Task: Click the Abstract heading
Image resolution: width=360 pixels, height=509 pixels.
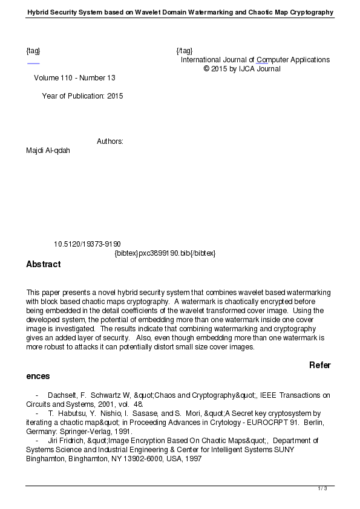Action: pyautogui.click(x=43, y=264)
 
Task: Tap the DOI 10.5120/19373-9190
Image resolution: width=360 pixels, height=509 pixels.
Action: pyautogui.click(x=87, y=244)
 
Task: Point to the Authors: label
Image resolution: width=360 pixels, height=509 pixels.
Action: pyautogui.click(x=110, y=141)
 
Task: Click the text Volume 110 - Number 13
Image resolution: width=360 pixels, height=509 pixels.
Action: pyautogui.click(x=74, y=78)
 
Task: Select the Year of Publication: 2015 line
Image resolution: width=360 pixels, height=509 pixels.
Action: pyautogui.click(x=82, y=96)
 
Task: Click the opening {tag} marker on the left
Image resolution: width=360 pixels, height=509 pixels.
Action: pyautogui.click(x=33, y=51)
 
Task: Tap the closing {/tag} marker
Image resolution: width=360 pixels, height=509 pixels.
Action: pyautogui.click(x=184, y=51)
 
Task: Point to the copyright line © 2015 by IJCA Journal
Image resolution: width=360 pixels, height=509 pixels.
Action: pyautogui.click(x=242, y=69)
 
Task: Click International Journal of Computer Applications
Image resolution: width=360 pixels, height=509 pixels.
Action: pyautogui.click(x=255, y=60)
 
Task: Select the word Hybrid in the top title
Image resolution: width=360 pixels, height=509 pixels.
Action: pyautogui.click(x=39, y=13)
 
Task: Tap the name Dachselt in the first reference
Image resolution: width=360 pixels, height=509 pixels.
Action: pyautogui.click(x=61, y=395)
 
